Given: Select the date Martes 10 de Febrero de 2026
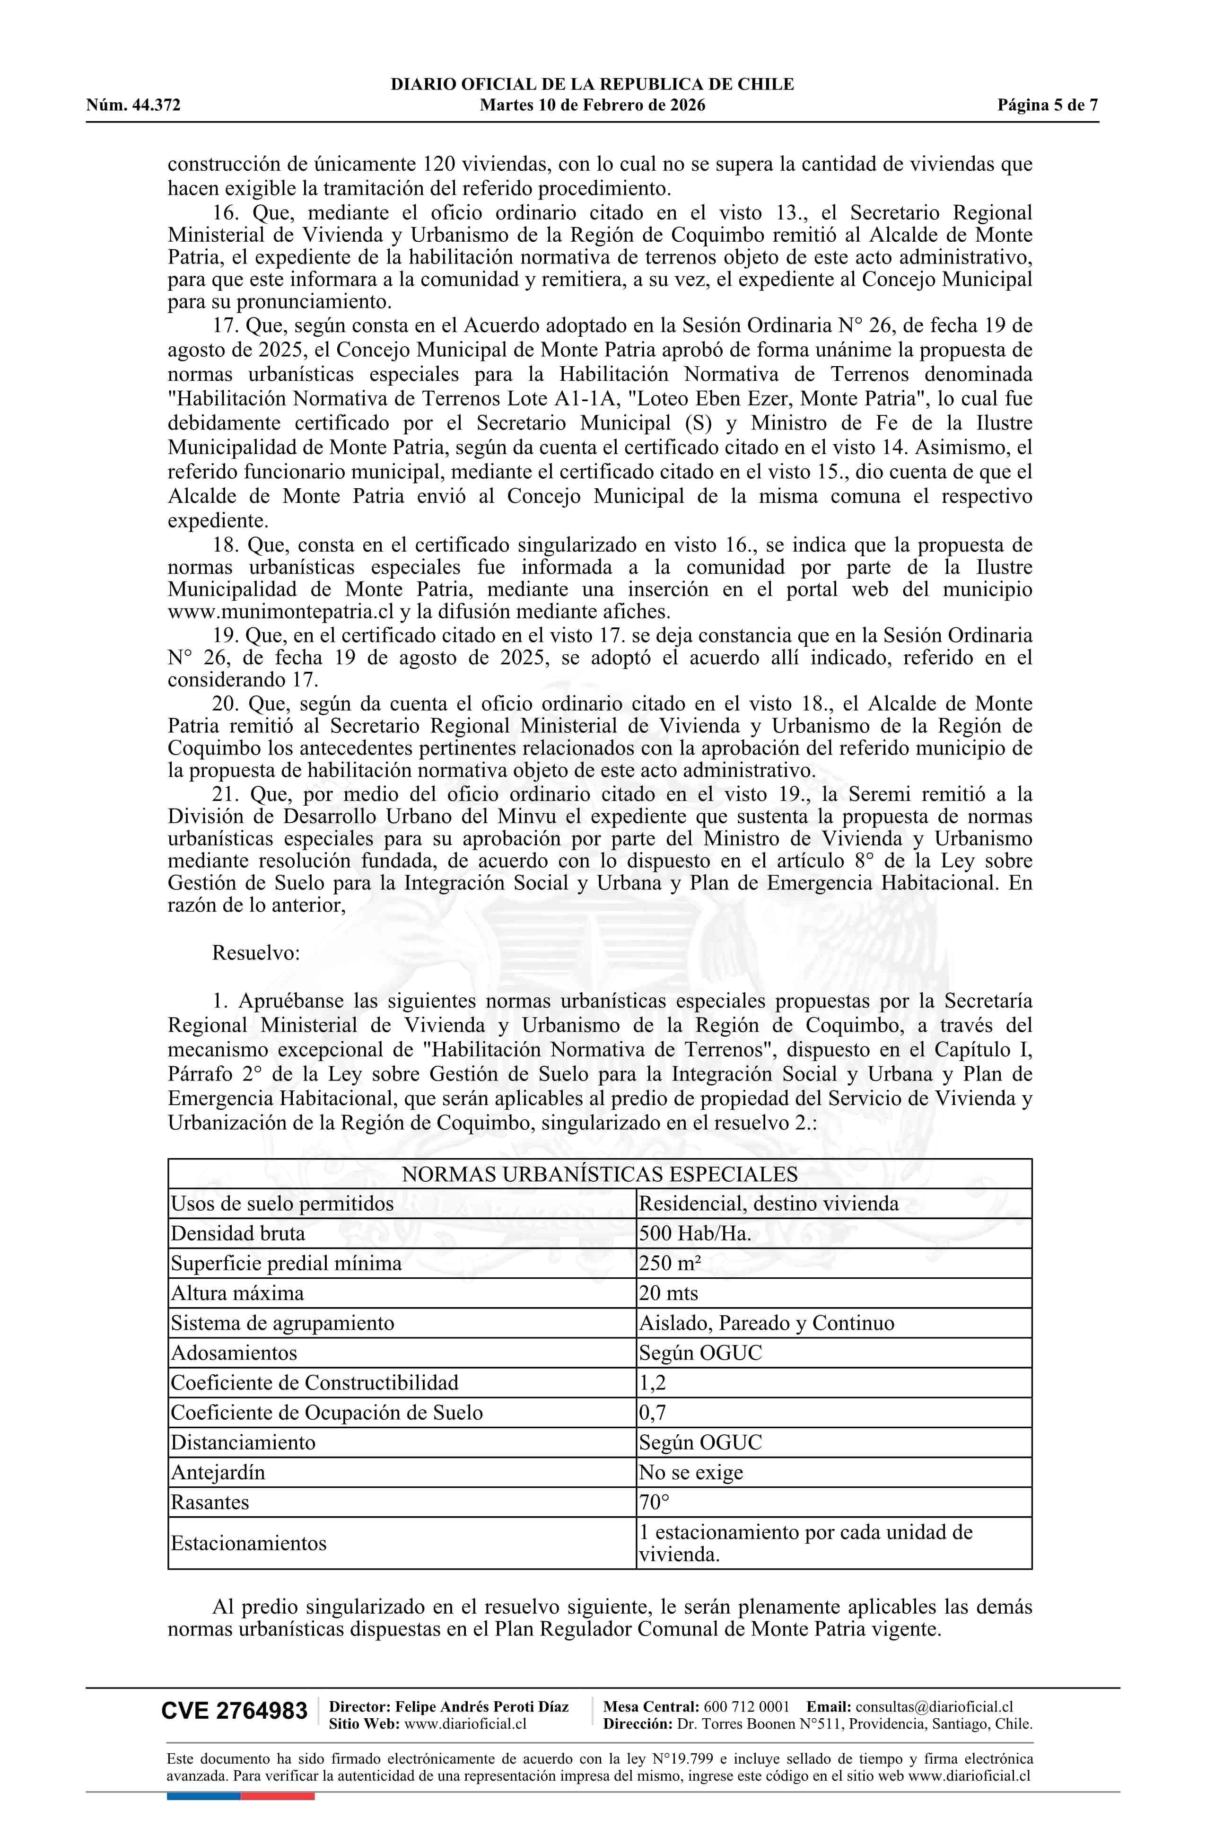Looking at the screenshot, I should tap(592, 105).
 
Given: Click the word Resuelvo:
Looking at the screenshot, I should tap(256, 953).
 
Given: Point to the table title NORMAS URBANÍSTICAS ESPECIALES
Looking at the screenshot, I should tap(599, 1175).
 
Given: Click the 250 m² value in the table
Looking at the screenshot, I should tap(670, 1264).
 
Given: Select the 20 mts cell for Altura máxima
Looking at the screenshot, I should tap(668, 1293).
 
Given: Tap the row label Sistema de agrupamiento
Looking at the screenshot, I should tap(282, 1323).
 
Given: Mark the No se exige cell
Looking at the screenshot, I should tap(690, 1472).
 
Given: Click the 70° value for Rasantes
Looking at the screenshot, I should tap(654, 1502).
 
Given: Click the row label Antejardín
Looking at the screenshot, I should tap(218, 1472).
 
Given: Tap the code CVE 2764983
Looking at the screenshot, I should tap(234, 1711).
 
